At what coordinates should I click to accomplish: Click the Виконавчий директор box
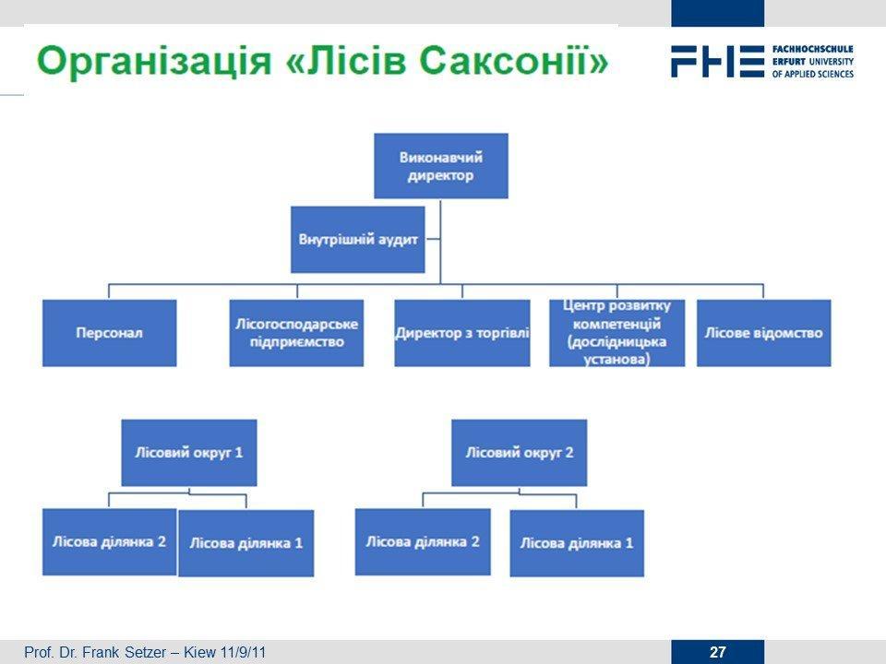click(x=441, y=166)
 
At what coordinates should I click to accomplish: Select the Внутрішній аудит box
click(x=358, y=240)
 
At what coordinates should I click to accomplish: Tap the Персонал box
click(x=110, y=333)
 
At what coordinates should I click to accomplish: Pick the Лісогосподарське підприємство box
click(x=296, y=333)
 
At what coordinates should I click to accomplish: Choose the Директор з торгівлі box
click(x=462, y=333)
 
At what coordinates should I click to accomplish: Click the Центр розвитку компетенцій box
click(x=617, y=333)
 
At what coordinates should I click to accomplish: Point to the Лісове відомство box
click(x=764, y=333)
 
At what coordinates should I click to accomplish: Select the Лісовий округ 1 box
click(x=189, y=453)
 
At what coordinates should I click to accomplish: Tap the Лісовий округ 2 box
click(x=520, y=453)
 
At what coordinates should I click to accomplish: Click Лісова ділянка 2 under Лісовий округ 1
click(x=110, y=542)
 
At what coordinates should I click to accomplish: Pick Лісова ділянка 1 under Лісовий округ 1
click(x=245, y=543)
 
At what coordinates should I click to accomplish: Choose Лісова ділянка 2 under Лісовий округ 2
click(x=423, y=542)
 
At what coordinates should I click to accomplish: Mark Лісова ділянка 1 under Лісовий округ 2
click(x=577, y=543)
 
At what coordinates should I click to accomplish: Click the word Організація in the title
click(x=154, y=62)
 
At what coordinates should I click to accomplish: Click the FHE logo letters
click(x=718, y=62)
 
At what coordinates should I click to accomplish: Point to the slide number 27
click(x=718, y=652)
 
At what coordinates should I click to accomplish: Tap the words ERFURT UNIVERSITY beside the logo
click(x=812, y=62)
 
